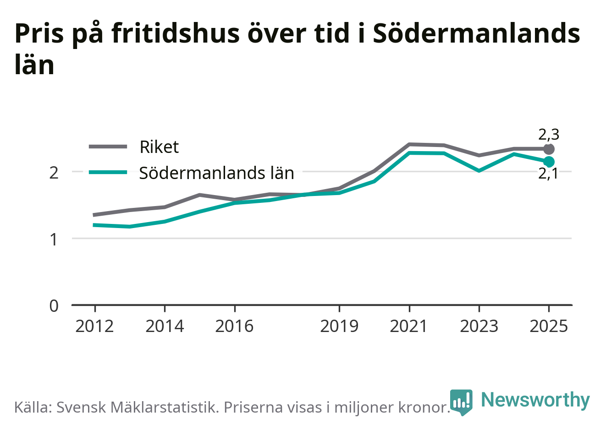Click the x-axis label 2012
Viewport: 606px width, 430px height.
[x=95, y=327]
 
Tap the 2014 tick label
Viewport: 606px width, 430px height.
[x=165, y=327]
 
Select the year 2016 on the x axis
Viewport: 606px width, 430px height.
[x=235, y=327]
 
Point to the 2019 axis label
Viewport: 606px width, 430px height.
[x=339, y=327]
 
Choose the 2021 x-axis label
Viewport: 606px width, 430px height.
[x=409, y=327]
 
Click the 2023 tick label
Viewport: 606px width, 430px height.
[x=479, y=327]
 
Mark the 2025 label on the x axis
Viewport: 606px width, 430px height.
[x=549, y=327]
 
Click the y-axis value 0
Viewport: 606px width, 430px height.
[x=54, y=306]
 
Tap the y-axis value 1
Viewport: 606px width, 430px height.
[x=54, y=239]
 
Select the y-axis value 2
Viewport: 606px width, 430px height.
[x=54, y=173]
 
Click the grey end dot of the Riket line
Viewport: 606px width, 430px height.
[x=549, y=149]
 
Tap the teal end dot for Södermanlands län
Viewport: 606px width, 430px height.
[x=549, y=162]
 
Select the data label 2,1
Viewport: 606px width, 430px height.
[x=548, y=174]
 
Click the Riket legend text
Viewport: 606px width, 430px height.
[x=159, y=147]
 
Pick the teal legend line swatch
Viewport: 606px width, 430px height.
[x=108, y=172]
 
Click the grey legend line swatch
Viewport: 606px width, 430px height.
[x=108, y=147]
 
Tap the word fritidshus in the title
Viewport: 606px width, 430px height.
[x=175, y=33]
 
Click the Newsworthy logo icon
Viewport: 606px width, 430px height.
[x=461, y=402]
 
